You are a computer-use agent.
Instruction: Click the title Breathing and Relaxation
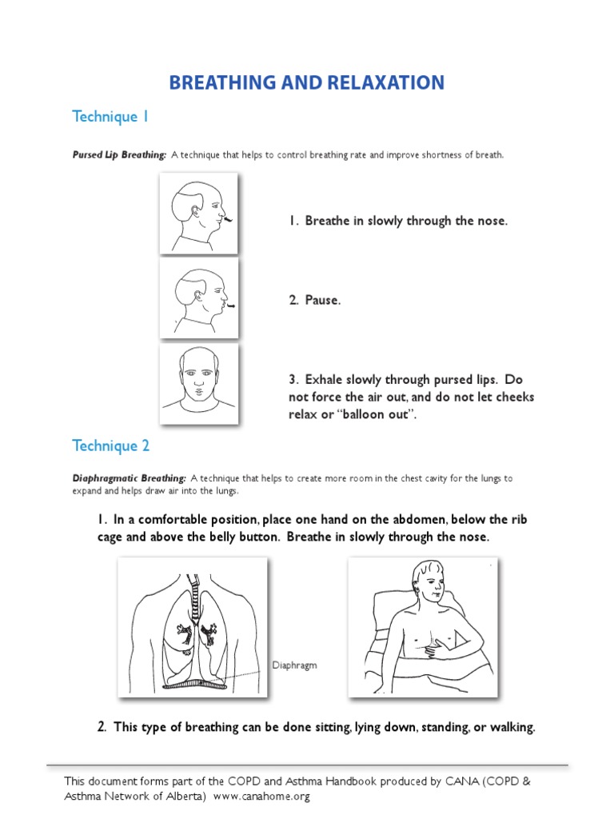pyautogui.click(x=306, y=82)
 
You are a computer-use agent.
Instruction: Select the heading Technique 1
pyautogui.click(x=110, y=117)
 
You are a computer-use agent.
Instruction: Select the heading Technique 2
pyautogui.click(x=110, y=445)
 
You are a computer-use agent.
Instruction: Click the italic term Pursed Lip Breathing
pyautogui.click(x=119, y=155)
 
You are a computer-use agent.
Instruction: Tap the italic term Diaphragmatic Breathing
pyautogui.click(x=130, y=478)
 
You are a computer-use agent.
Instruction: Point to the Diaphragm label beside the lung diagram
pyautogui.click(x=295, y=665)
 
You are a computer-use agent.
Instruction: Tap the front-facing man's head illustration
pyautogui.click(x=197, y=373)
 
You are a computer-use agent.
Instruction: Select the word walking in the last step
pyautogui.click(x=508, y=728)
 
